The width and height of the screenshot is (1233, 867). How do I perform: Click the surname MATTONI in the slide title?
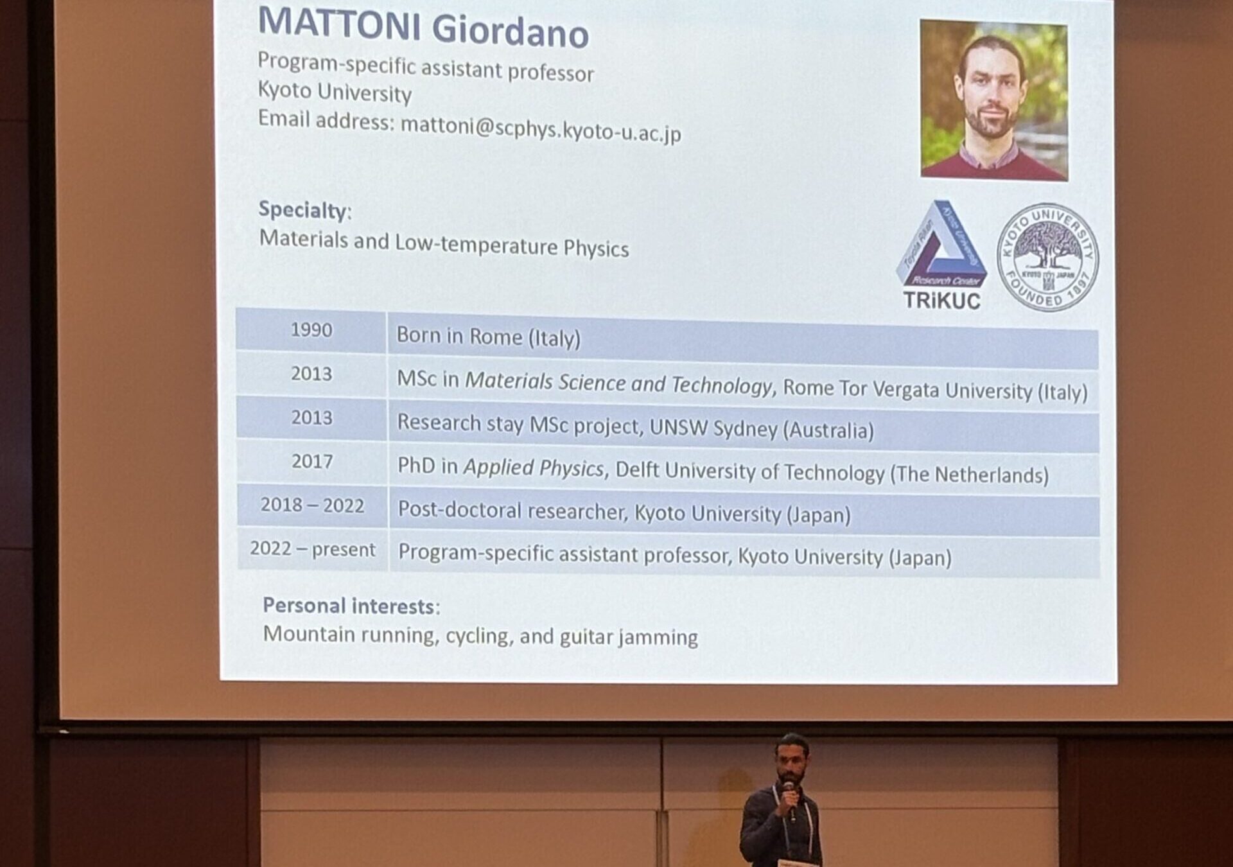pos(339,24)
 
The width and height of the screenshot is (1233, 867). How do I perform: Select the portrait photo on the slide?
pos(994,100)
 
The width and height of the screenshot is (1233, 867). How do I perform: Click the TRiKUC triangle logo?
pos(941,256)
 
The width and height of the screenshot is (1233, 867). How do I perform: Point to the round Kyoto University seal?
pos(1047,258)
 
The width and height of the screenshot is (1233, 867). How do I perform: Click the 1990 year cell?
pos(311,330)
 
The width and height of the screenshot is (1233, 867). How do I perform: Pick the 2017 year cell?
pos(312,462)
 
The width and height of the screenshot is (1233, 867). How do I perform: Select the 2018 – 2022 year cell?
pos(312,505)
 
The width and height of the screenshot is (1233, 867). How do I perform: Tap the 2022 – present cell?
pos(313,550)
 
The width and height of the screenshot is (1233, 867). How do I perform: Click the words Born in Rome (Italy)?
pos(488,337)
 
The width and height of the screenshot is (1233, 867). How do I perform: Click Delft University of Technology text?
pos(750,471)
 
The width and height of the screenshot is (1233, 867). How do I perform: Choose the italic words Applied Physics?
pos(534,468)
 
